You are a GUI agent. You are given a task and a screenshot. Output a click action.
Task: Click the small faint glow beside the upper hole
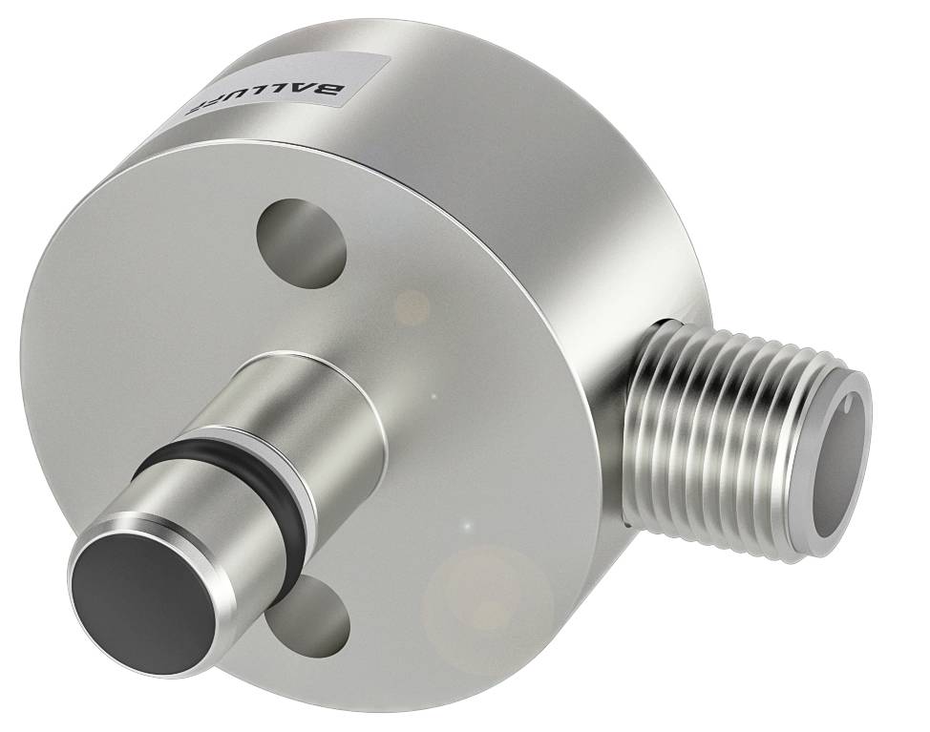click(412, 305)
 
